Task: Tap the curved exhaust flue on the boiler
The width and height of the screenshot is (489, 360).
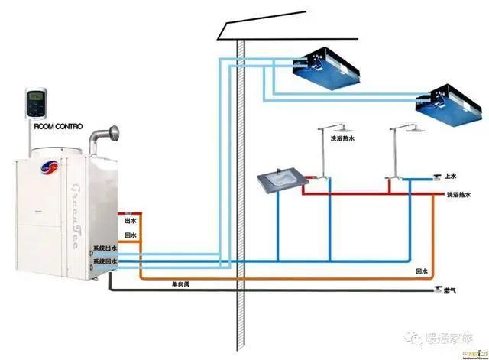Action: point(100,138)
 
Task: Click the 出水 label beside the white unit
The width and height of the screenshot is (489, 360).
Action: point(130,221)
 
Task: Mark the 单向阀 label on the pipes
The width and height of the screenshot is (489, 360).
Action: point(179,284)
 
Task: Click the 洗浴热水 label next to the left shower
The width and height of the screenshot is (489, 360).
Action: point(343,139)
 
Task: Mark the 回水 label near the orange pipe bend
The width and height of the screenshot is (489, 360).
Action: point(420,271)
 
